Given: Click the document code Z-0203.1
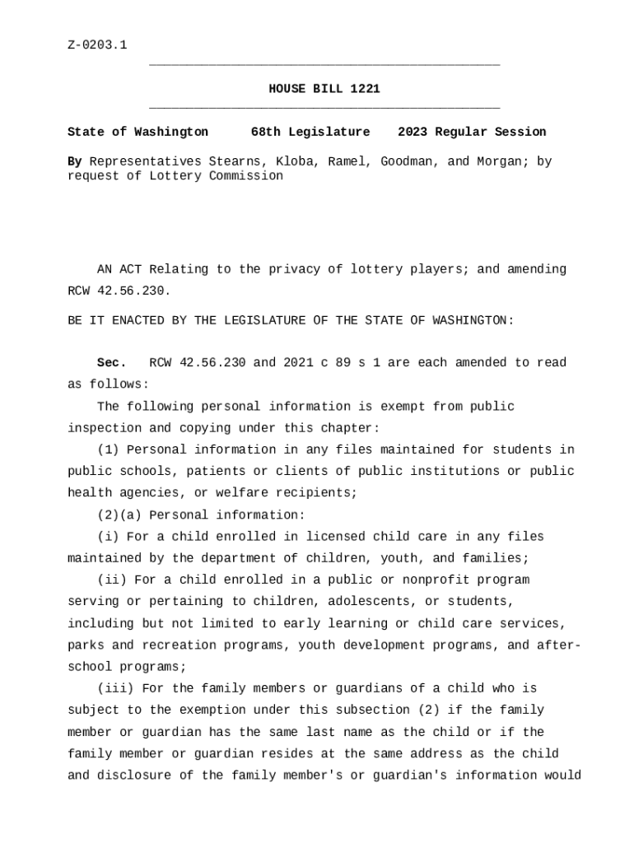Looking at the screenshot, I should point(97,44).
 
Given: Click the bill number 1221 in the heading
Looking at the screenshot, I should point(365,89).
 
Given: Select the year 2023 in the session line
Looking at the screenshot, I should point(413,132).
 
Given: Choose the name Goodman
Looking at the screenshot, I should point(406,161).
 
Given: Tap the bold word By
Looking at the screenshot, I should point(74,161).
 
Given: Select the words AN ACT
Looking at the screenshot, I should point(119,269).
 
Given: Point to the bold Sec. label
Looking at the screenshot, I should point(111,363).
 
